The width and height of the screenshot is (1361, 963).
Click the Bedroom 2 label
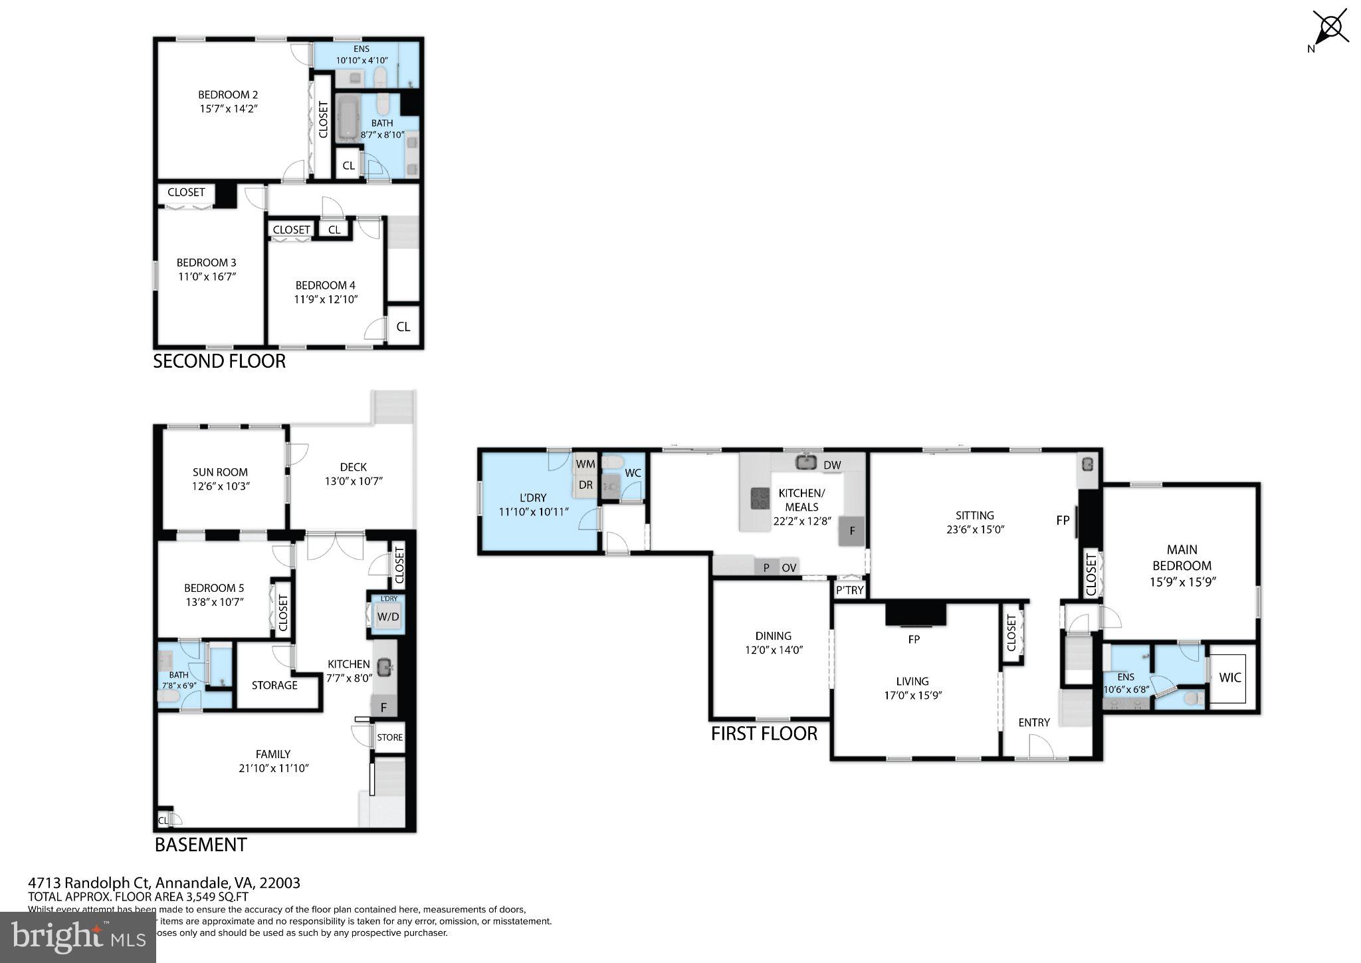pyautogui.click(x=228, y=95)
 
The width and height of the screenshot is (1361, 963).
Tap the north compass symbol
pyautogui.click(x=1330, y=28)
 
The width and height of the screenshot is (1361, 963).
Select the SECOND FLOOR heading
pyautogui.click(x=219, y=361)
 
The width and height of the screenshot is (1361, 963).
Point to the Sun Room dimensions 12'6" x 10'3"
pyautogui.click(x=221, y=486)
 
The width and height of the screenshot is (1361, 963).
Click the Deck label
pyautogui.click(x=353, y=467)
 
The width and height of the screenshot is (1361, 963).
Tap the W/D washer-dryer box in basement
pyautogui.click(x=388, y=617)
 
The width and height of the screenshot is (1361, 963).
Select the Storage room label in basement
pyautogui.click(x=274, y=685)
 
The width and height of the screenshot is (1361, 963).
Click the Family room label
pyautogui.click(x=273, y=754)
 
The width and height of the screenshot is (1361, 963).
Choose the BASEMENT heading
pyautogui.click(x=201, y=845)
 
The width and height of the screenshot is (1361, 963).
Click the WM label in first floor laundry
pyautogui.click(x=585, y=464)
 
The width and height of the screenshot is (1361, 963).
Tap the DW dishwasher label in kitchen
pyautogui.click(x=832, y=465)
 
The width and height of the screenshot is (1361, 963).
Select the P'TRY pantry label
pyautogui.click(x=850, y=590)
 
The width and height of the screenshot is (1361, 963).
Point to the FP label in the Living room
pyautogui.click(x=914, y=639)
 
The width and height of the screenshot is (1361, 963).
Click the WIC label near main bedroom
pyautogui.click(x=1230, y=678)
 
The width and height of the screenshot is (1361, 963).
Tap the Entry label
pyautogui.click(x=1034, y=722)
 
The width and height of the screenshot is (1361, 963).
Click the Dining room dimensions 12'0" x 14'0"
pyautogui.click(x=774, y=650)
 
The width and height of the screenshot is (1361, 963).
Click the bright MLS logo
pyautogui.click(x=78, y=937)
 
